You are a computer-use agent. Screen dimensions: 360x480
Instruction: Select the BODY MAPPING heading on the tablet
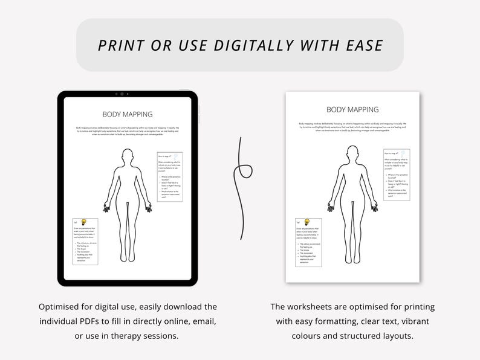pos(127,114)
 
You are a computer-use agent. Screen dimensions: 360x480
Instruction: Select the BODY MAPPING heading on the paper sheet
pos(352,109)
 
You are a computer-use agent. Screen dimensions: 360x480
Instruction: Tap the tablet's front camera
pos(122,94)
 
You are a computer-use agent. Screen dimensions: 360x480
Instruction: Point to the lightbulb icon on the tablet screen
pos(84,222)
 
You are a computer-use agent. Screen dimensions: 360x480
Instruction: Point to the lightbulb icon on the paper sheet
pos(306,222)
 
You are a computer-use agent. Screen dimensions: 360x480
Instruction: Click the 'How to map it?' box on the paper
pos(396,175)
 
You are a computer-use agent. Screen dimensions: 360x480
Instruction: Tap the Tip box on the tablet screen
pos(85,242)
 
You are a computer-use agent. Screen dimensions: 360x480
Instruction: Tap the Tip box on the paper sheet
pos(308,242)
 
